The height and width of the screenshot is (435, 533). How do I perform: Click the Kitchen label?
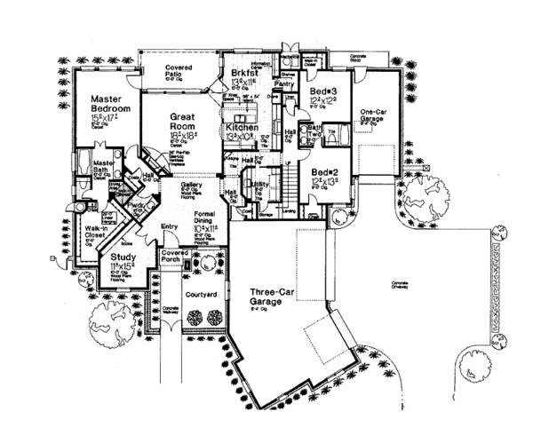[x=241, y=129]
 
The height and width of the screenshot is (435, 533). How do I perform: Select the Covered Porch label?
[x=172, y=257]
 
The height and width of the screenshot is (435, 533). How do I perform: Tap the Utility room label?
[x=260, y=185]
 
